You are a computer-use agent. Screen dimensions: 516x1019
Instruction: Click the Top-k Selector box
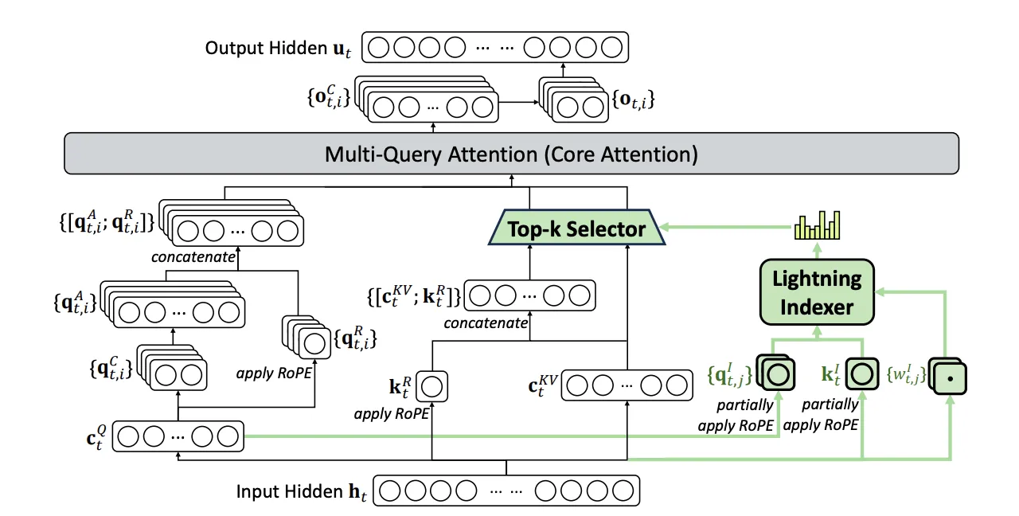point(577,229)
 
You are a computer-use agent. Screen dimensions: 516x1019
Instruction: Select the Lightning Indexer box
point(816,291)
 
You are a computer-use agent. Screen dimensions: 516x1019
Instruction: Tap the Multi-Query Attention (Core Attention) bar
point(510,154)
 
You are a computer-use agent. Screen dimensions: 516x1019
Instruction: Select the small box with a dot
point(949,375)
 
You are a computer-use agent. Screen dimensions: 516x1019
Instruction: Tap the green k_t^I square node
point(859,373)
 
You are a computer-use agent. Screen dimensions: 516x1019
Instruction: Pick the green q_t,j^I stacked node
point(777,373)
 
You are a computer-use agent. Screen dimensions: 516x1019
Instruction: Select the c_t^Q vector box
point(177,436)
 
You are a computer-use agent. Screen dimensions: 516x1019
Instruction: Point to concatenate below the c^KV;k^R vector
point(486,322)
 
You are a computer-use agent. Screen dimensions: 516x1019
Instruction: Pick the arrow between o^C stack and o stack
point(519,102)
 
